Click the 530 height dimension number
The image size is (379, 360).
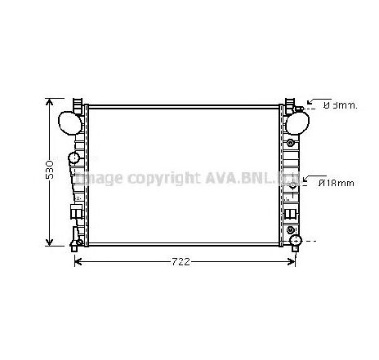pyautogui.click(x=49, y=170)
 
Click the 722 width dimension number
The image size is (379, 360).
pyautogui.click(x=181, y=261)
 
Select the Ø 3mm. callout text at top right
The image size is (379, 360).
pyautogui.click(x=338, y=105)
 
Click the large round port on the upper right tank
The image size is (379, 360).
pyautogui.click(x=298, y=122)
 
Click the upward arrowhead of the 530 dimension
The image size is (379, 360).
pyautogui.click(x=50, y=102)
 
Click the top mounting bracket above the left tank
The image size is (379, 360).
pyautogui.click(x=78, y=105)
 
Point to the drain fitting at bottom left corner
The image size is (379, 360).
pyautogui.click(x=75, y=242)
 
